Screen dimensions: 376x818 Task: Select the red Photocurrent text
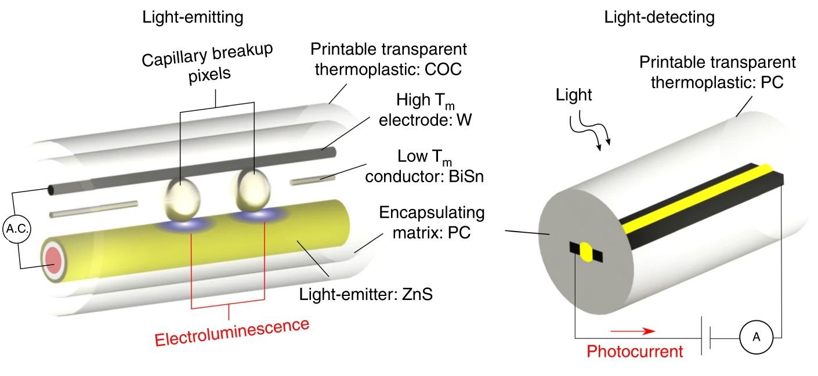(635, 351)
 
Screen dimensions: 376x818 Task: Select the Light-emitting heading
(193, 17)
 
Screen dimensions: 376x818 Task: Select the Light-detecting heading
(659, 17)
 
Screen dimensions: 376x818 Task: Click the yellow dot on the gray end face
(587, 254)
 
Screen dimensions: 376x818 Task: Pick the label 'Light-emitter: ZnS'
(366, 294)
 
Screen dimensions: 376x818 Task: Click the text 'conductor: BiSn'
(425, 176)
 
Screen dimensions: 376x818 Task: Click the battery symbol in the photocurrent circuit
(707, 337)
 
